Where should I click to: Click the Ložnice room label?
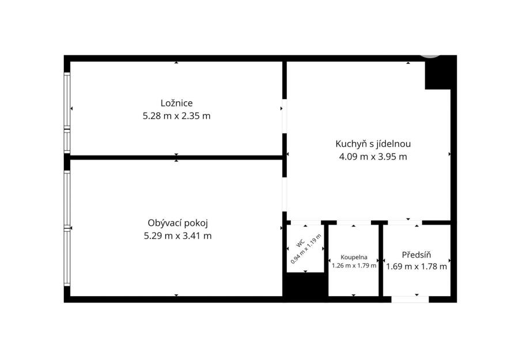[176, 103]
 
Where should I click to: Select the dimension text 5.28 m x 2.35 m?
[176, 116]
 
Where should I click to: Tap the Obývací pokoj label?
[177, 223]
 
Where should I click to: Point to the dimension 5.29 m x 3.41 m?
[177, 236]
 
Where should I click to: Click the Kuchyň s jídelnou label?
[373, 144]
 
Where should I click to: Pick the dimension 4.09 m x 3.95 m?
[373, 157]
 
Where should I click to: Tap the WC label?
[301, 243]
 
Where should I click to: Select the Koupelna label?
[354, 257]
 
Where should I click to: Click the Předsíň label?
[416, 255]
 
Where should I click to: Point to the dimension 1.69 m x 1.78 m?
[416, 266]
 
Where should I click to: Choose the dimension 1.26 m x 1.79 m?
[354, 266]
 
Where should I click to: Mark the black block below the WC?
[305, 285]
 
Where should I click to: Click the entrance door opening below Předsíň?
[410, 300]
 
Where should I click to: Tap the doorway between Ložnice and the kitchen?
[285, 116]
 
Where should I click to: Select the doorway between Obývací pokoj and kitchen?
[285, 195]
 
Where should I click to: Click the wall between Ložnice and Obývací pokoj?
[176, 158]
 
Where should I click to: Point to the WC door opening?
[306, 223]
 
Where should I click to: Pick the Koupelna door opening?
[354, 223]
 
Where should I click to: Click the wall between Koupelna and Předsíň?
[381, 260]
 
